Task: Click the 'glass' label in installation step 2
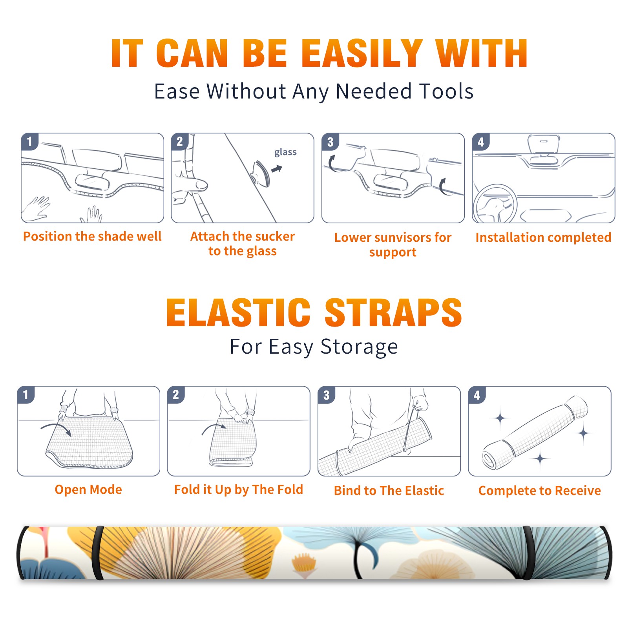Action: click(x=285, y=152)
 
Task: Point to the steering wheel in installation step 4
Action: click(x=495, y=204)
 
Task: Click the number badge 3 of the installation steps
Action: click(x=330, y=142)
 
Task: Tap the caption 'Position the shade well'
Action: click(x=92, y=236)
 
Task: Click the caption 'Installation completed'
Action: click(x=543, y=237)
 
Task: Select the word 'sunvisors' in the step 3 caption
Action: click(x=400, y=237)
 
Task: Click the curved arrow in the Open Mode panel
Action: click(x=56, y=428)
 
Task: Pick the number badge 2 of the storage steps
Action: click(x=176, y=394)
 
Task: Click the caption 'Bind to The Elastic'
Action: click(x=389, y=491)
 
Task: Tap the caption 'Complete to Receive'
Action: click(x=540, y=491)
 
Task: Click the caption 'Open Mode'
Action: click(x=88, y=489)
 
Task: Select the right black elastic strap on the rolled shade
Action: click(x=528, y=553)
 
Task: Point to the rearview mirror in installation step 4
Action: click(x=544, y=144)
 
